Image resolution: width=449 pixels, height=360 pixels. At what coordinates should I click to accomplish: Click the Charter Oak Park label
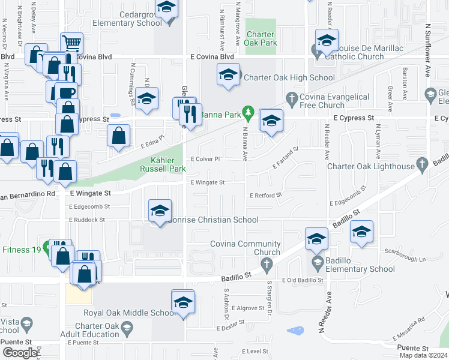261,39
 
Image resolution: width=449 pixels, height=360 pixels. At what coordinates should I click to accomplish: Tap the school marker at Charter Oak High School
228,75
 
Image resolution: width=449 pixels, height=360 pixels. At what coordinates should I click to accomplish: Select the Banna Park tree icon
247,112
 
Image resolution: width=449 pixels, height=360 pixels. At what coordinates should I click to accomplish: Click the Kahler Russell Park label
167,164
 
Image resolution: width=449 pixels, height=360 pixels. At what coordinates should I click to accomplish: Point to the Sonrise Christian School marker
160,211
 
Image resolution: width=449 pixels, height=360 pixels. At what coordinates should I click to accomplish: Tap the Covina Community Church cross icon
268,263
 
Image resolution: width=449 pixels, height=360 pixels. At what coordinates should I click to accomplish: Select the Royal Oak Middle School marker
183,302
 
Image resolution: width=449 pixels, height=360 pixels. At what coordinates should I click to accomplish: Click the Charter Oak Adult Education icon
127,328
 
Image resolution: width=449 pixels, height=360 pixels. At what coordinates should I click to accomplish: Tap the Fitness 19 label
23,250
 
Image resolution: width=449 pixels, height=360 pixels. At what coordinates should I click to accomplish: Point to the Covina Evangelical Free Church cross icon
292,98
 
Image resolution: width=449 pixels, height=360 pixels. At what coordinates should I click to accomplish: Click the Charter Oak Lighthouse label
377,166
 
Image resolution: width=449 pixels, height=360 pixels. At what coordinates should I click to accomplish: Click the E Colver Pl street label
206,159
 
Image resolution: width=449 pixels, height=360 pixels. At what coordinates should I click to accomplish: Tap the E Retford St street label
265,196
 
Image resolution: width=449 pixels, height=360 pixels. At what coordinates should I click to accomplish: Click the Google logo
19,353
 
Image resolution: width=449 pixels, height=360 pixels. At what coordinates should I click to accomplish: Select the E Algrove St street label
247,308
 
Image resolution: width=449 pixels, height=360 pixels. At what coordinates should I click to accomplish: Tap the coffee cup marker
66,93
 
